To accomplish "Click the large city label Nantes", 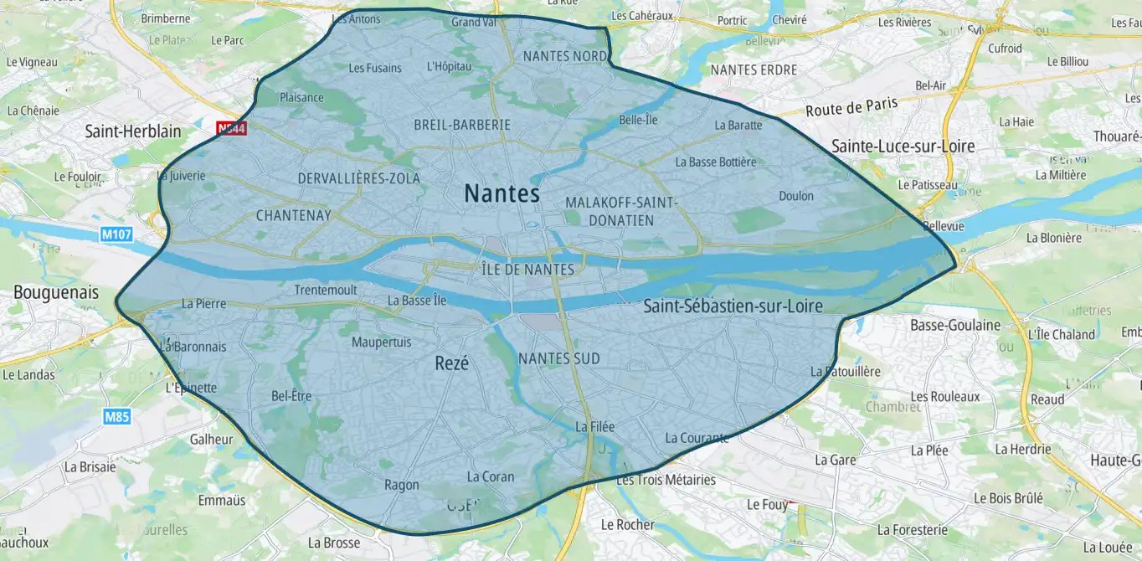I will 502,193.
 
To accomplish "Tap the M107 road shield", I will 116,235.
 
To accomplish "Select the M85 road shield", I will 117,416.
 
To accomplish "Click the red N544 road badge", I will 230,128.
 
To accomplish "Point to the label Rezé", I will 452,363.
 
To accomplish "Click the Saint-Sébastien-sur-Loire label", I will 733,306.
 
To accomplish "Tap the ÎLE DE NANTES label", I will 528,270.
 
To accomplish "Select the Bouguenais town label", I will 56,293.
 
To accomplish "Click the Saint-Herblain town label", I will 133,131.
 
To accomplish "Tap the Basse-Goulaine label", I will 955,325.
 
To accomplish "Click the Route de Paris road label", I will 851,107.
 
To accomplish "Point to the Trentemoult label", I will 326,291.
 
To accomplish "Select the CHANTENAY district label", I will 293,216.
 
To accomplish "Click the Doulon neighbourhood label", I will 795,196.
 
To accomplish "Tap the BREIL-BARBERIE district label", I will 462,125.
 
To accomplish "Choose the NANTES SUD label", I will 559,358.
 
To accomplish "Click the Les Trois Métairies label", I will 666,480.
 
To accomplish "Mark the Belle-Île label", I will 638,120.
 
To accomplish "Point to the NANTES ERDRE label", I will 754,70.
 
